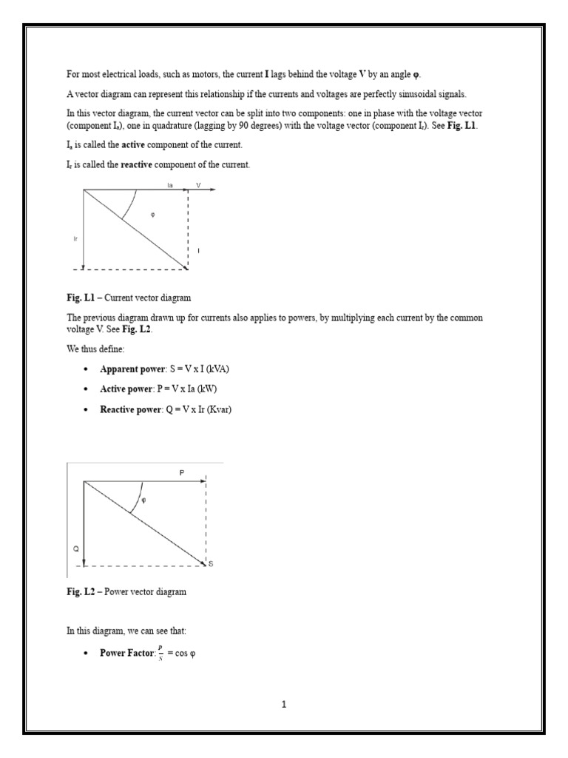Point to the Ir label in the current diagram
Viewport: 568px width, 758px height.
[75, 238]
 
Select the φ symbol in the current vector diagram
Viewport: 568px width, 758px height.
[152, 214]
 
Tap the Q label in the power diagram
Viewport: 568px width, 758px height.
[75, 549]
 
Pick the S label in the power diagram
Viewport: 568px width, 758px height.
[211, 565]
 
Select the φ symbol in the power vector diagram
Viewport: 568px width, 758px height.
[143, 500]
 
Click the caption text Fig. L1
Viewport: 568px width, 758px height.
[77, 298]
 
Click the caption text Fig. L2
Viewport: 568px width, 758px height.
[77, 591]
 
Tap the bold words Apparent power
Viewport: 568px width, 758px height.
[129, 369]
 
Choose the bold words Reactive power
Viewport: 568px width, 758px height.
[130, 409]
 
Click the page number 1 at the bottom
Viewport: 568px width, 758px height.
[283, 705]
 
